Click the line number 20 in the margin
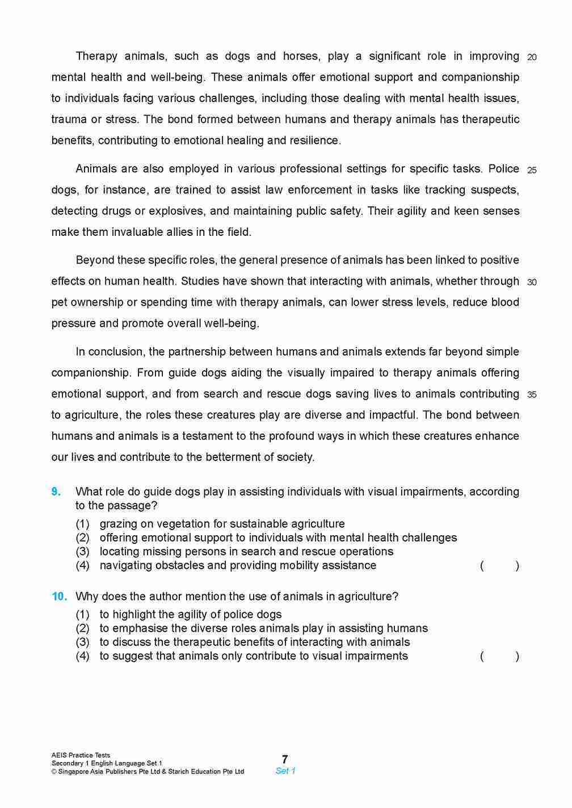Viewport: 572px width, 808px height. (532, 57)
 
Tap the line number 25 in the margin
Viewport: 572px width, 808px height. (532, 170)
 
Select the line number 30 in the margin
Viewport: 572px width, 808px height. (532, 282)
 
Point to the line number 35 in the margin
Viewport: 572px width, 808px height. (532, 395)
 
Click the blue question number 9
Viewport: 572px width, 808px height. (56, 492)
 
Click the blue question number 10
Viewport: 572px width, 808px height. (59, 597)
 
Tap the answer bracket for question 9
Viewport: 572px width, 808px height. (499, 566)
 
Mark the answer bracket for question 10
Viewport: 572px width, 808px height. (499, 657)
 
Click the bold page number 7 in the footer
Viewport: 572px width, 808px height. (285, 759)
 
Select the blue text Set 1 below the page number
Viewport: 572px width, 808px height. (285, 771)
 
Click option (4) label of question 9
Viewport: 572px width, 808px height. (83, 565)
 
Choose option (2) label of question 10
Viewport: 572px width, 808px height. (83, 628)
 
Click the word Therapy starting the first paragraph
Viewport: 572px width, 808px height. (97, 56)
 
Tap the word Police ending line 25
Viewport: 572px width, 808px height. (503, 169)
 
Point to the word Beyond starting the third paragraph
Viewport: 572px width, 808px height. (94, 260)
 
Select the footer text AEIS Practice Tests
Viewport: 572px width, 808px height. (81, 755)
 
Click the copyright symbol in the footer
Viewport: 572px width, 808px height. (54, 772)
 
